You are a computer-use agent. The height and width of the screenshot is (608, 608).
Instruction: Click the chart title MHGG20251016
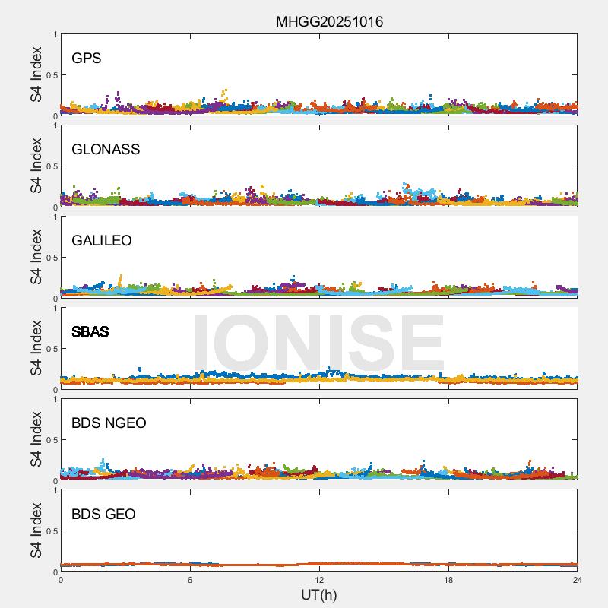click(x=329, y=21)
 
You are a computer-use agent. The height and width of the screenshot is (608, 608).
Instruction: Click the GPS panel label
click(x=87, y=58)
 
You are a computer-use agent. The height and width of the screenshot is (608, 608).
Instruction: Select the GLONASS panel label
click(x=106, y=149)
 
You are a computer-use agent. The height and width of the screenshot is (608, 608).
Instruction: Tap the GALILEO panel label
click(x=102, y=240)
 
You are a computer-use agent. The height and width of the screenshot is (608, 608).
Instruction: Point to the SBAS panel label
click(x=90, y=331)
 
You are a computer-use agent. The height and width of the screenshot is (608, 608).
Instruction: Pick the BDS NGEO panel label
click(x=109, y=423)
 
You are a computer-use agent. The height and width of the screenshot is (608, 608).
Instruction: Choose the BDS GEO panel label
click(x=103, y=514)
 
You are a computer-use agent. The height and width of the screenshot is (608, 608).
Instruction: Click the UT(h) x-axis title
click(x=318, y=594)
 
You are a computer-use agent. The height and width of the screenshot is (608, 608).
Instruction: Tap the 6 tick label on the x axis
click(x=190, y=580)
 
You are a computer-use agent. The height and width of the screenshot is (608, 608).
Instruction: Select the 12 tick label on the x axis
click(x=319, y=580)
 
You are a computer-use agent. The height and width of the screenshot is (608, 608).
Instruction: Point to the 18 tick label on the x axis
click(x=448, y=580)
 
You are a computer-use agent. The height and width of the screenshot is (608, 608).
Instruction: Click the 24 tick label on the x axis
click(x=578, y=580)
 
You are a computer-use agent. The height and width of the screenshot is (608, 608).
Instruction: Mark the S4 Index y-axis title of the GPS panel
click(x=36, y=74)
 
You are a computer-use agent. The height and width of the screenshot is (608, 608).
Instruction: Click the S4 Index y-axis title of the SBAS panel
click(x=36, y=348)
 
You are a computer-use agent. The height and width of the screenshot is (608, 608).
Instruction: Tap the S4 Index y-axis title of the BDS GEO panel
click(x=36, y=530)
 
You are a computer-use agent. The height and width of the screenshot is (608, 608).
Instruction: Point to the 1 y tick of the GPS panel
click(x=55, y=35)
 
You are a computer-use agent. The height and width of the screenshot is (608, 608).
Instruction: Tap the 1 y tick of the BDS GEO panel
click(x=55, y=491)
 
